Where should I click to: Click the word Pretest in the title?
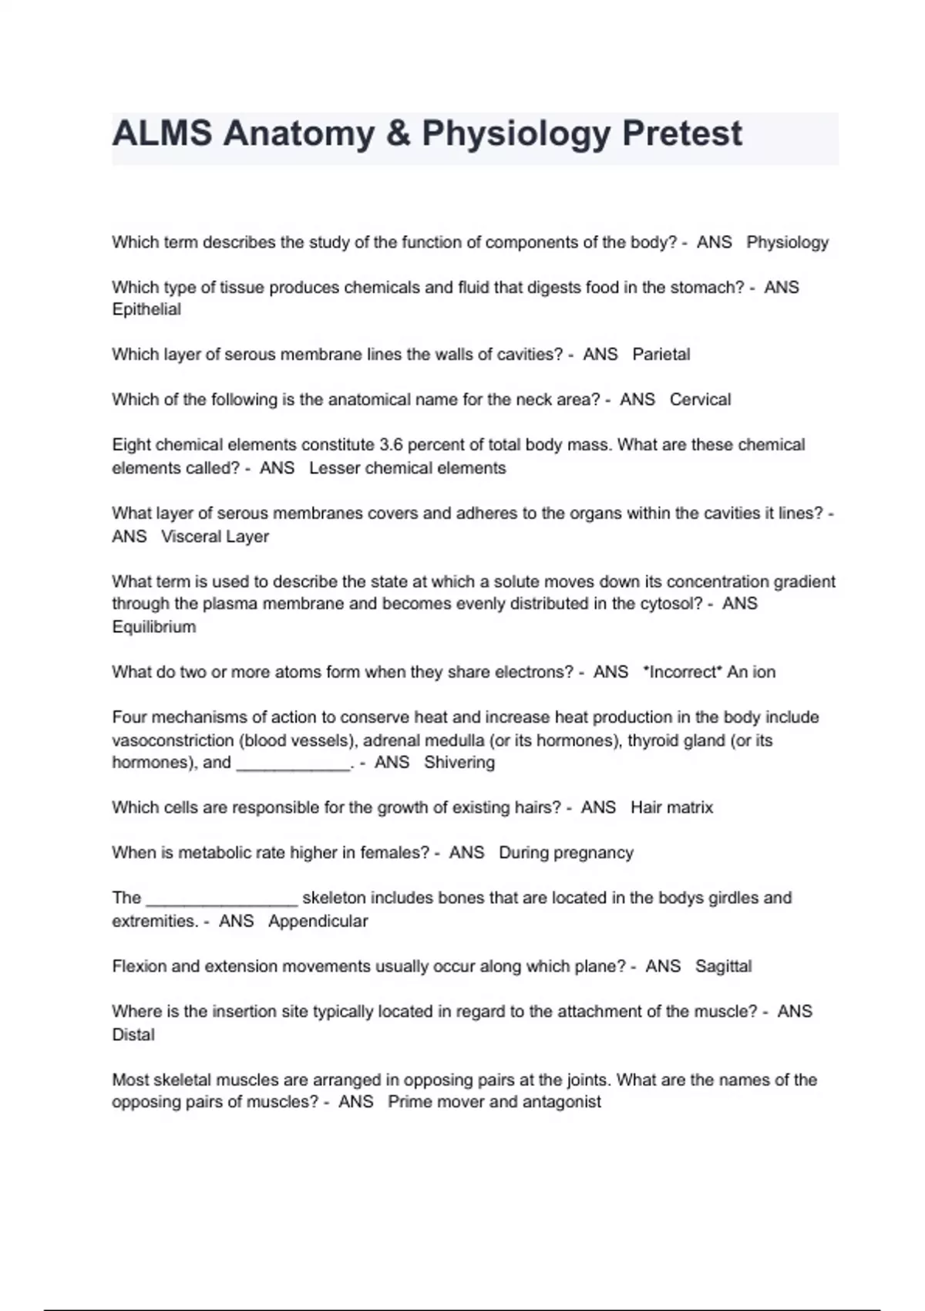[681, 133]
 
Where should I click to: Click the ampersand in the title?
[398, 133]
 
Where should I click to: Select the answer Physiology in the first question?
[787, 242]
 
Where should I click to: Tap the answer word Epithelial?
[146, 309]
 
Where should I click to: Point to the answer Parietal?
[661, 354]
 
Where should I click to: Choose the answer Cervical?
[700, 399]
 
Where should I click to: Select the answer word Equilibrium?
[154, 626]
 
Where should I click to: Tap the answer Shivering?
[459, 762]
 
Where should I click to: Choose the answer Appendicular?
[318, 921]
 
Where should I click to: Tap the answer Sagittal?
[723, 966]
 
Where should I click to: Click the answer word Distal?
[133, 1034]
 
